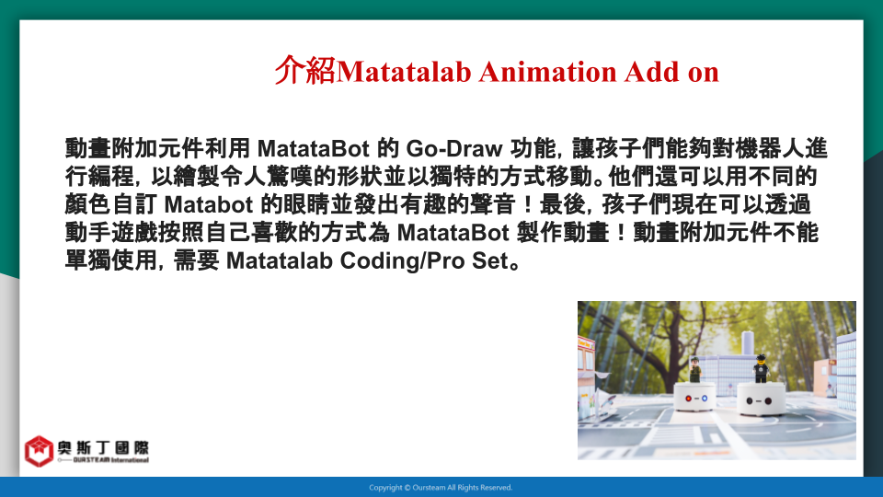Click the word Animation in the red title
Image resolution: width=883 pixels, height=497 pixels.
[x=547, y=72]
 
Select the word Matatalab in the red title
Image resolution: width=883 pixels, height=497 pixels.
[x=403, y=72]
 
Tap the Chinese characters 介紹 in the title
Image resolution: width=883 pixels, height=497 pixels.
[x=305, y=71]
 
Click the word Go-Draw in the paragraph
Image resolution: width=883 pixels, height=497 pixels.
[x=453, y=149]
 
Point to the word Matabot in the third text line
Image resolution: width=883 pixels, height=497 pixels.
[x=209, y=204]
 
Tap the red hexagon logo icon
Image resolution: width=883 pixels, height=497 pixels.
[x=39, y=451]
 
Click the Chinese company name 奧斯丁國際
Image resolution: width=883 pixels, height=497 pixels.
[x=103, y=448]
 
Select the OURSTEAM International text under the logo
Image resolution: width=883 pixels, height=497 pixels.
[x=110, y=460]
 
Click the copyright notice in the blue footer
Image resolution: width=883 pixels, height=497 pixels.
[x=441, y=488]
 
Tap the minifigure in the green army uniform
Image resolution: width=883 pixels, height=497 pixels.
[x=695, y=370]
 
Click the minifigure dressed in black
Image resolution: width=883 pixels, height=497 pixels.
[x=761, y=368]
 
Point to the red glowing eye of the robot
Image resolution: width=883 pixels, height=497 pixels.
[x=688, y=399]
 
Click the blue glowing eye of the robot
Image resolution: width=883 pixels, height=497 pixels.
[x=704, y=399]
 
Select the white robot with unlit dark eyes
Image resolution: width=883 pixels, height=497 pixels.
[x=762, y=399]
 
